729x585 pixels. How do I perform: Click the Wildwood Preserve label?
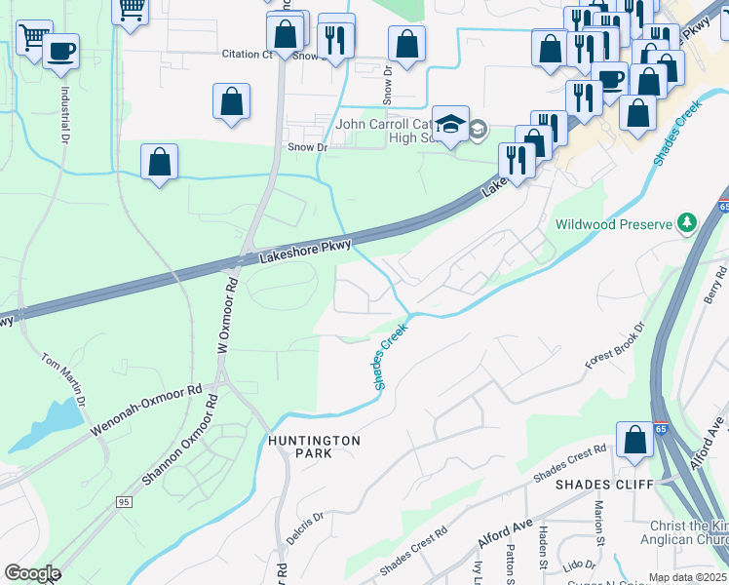point(614,224)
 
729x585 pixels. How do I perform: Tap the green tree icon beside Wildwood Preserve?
point(687,223)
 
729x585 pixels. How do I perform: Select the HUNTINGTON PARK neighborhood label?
point(314,447)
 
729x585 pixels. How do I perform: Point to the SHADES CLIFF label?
point(595,484)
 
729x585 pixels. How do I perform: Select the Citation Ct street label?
point(246,55)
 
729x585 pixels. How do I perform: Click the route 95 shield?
point(123,501)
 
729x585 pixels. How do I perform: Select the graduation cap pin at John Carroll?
point(450,125)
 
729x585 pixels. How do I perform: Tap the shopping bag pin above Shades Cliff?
point(635,440)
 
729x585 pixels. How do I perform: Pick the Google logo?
point(32,573)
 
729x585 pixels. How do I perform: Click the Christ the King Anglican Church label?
point(683,532)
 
